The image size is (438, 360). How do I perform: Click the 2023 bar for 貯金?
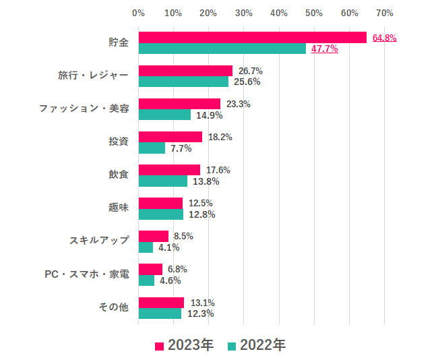coord(252,38)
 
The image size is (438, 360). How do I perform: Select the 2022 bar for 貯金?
coord(222,49)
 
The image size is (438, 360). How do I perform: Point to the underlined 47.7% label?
coord(324,49)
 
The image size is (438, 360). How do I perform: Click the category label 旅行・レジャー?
coord(92,76)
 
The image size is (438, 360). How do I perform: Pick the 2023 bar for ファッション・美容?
coord(179,104)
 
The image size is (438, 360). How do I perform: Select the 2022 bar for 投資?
coord(152,148)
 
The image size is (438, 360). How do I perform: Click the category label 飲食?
coord(118,175)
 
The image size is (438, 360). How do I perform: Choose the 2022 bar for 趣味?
coord(160,214)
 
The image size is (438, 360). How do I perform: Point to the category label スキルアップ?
coord(98,241)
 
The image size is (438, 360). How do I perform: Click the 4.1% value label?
coord(168,247)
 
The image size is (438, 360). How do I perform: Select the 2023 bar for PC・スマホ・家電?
coord(150,269)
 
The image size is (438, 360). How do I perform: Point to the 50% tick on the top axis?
coord(314,13)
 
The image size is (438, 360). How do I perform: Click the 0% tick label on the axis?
coord(138,13)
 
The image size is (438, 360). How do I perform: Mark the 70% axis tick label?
coord(384,13)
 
